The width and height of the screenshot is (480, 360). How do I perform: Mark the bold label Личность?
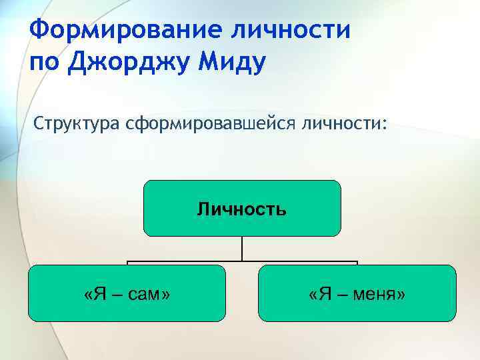click(x=242, y=210)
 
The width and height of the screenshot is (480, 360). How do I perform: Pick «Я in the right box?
click(x=319, y=294)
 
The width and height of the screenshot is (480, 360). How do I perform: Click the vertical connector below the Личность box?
click(x=242, y=248)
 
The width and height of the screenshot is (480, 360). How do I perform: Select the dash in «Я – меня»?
click(x=339, y=294)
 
